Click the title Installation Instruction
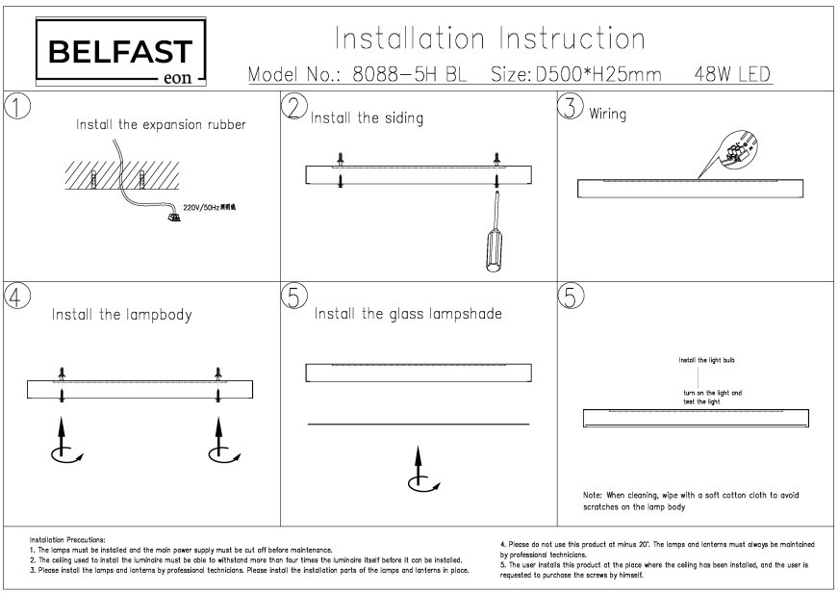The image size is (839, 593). pyautogui.click(x=490, y=39)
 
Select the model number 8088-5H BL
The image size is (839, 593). pyautogui.click(x=409, y=75)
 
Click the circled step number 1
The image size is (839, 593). pyautogui.click(x=16, y=106)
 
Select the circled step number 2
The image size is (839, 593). pyautogui.click(x=296, y=107)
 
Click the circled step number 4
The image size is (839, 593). pyautogui.click(x=16, y=296)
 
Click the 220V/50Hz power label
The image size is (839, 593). pyautogui.click(x=206, y=207)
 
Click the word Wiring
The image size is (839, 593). pyautogui.click(x=607, y=115)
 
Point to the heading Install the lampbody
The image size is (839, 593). pyautogui.click(x=121, y=314)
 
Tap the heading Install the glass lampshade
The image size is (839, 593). pyautogui.click(x=408, y=314)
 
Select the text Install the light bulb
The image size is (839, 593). pyautogui.click(x=707, y=360)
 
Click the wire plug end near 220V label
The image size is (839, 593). pyautogui.click(x=174, y=217)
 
